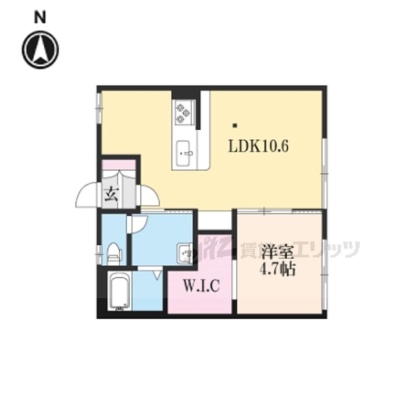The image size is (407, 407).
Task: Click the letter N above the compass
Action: coord(40,18)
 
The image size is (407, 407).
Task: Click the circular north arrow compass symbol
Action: coord(40,49)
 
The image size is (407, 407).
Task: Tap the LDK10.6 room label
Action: coord(258,147)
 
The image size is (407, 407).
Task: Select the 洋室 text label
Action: coord(277,252)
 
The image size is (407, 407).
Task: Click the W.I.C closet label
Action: coord(201,285)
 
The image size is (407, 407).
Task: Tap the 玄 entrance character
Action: coord(112,195)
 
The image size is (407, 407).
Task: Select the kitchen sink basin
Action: coord(184,153)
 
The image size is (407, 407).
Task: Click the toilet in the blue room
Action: coord(114,253)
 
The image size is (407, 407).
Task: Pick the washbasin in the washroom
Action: coord(185,254)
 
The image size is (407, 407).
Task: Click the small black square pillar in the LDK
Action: coord(235,126)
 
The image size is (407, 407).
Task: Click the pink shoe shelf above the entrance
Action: coord(119,165)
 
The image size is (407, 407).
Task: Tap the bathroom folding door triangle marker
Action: coord(157,275)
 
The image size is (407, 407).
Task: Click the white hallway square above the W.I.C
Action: coord(215,220)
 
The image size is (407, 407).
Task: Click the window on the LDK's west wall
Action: coord(99,108)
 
